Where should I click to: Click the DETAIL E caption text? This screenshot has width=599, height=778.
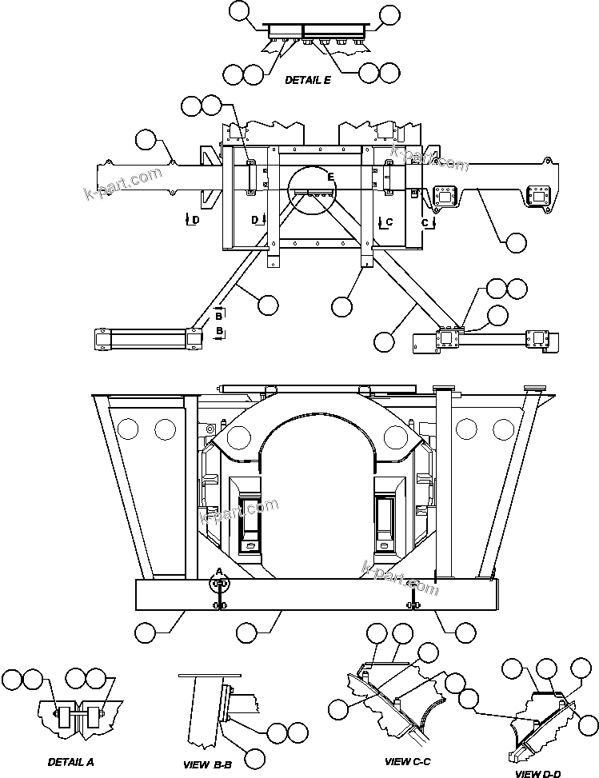coord(308,80)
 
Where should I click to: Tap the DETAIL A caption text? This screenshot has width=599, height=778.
coord(70,761)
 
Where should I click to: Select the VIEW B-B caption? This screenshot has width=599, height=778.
coord(207,764)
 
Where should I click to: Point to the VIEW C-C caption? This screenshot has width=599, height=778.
coord(408,761)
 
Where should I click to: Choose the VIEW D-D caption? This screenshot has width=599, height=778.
coord(538,773)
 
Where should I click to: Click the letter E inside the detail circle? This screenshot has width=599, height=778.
coord(329,175)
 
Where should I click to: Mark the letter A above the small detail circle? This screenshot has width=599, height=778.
coord(218,572)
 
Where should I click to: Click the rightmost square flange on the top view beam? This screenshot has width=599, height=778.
coord(540,195)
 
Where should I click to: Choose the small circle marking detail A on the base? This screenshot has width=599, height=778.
coord(218,586)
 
